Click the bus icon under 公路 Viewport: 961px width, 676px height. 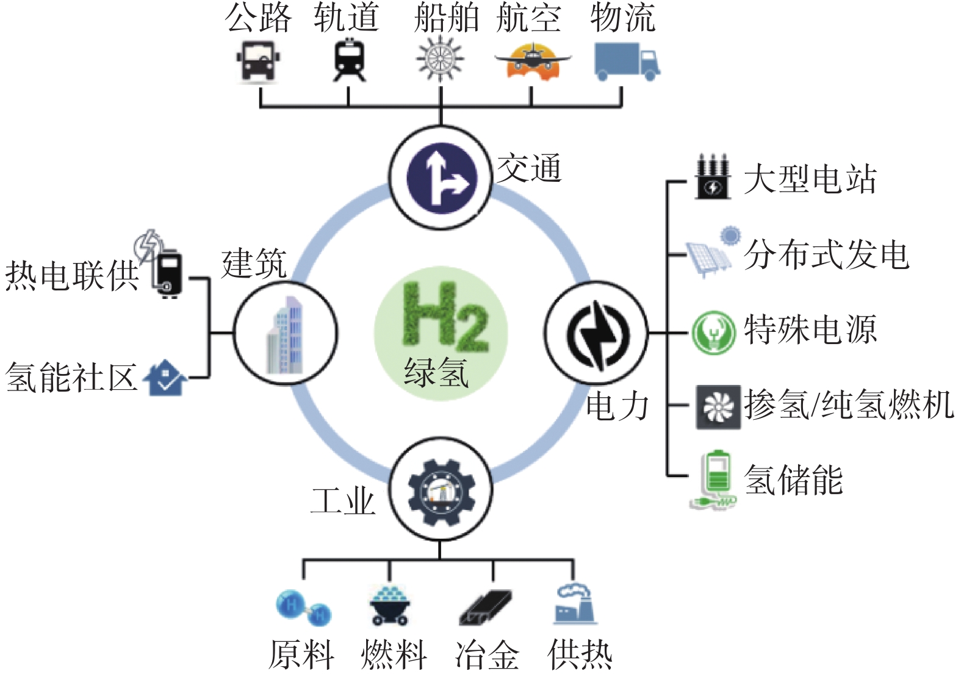coord(259,62)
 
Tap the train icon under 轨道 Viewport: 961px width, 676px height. coord(349,60)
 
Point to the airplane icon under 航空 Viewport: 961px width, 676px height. coord(532,61)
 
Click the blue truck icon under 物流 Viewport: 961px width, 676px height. coord(627,62)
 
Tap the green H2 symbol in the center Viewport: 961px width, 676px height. coord(445,317)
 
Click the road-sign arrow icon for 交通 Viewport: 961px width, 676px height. coord(442,178)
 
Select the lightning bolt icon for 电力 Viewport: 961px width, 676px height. coord(597,334)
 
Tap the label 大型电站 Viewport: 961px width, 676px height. coord(810,179)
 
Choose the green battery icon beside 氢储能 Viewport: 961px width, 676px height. coord(714,480)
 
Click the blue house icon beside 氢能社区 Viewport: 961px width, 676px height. coord(165,378)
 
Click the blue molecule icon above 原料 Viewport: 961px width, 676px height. coord(304,608)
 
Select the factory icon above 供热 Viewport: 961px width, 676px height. coord(574,603)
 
